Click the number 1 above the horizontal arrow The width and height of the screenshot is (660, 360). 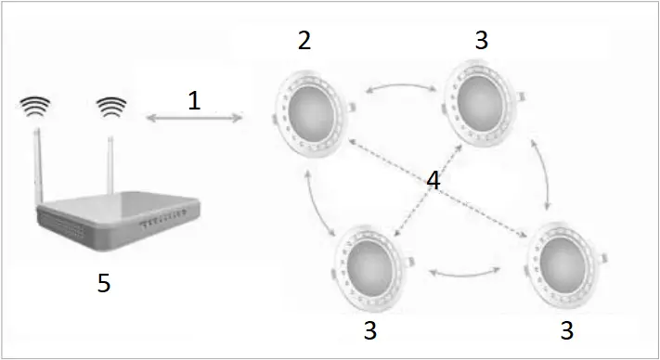(193, 99)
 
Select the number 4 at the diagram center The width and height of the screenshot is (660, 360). (432, 181)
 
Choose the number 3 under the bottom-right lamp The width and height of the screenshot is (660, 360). (565, 329)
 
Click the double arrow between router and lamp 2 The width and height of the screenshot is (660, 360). (193, 119)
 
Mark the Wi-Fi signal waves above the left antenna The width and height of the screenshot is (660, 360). (35, 108)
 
